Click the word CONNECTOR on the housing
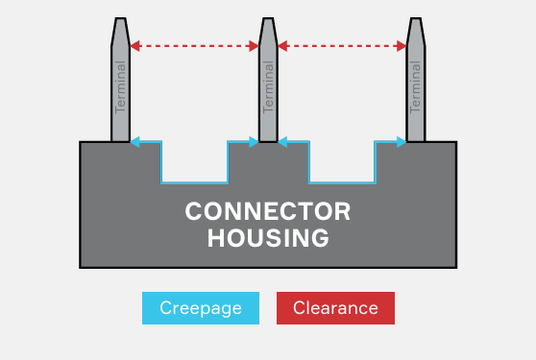click(268, 211)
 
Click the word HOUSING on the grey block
click(268, 237)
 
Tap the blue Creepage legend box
click(200, 308)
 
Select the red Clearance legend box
click(335, 308)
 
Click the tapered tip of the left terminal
click(120, 29)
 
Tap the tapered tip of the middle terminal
click(268, 29)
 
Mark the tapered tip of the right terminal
click(416, 29)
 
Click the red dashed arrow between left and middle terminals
click(194, 44)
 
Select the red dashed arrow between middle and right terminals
click(342, 44)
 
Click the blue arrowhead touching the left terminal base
click(135, 142)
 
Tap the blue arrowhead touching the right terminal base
click(401, 142)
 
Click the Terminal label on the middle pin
click(268, 86)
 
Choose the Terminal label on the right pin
click(416, 86)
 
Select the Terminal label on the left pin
click(120, 86)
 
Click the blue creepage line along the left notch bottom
click(194, 181)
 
